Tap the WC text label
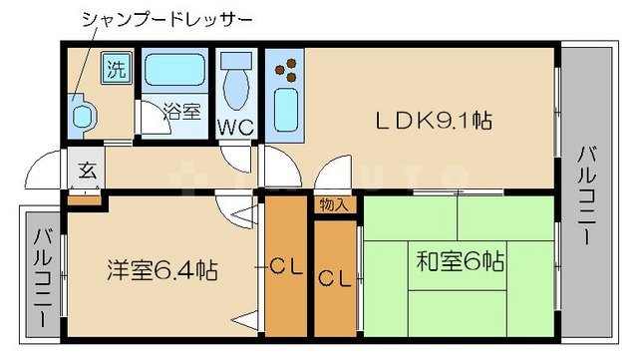click(x=237, y=127)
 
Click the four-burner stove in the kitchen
click(x=287, y=68)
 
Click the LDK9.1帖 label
click(x=434, y=121)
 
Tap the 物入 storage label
click(x=334, y=205)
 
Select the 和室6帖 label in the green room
click(x=460, y=262)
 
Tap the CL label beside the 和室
click(x=335, y=278)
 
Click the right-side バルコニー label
click(x=588, y=195)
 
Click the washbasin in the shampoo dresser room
click(x=81, y=116)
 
